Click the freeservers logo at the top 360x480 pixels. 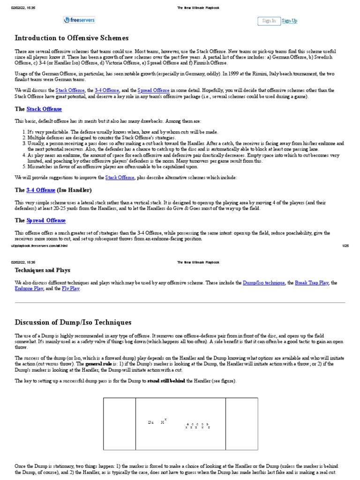[79, 20]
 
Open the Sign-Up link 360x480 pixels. [289, 21]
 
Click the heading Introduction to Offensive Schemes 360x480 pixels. [72, 38]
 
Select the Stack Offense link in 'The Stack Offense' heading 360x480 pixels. [44, 109]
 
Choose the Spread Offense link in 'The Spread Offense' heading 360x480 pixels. [46, 220]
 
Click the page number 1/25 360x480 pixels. [346, 245]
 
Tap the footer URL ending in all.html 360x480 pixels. [39, 245]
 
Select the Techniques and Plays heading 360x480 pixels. [43, 270]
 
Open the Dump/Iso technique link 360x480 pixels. [263, 283]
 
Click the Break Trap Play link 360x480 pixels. [312, 283]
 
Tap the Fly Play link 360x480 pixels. [71, 289]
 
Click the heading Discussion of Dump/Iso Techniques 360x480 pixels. [73, 322]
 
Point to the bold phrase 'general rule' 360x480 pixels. [97, 363]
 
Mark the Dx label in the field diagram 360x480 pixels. [151, 422]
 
